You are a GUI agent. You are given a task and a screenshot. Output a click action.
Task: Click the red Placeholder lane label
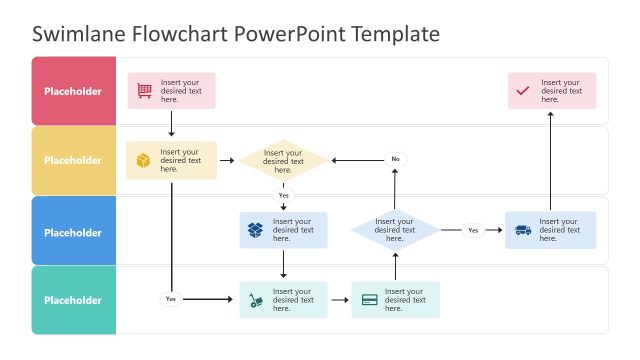(73, 91)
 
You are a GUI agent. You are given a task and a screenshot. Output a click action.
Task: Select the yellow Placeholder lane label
(73, 160)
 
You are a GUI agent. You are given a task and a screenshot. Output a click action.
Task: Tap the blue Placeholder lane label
(73, 232)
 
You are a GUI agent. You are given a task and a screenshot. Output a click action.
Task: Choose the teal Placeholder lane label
(73, 300)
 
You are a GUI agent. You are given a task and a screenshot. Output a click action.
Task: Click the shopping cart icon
(145, 91)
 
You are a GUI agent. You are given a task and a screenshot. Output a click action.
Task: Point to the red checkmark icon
(523, 91)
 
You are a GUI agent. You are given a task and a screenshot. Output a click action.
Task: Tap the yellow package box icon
(144, 160)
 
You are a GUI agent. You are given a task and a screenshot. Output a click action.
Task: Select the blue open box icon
(256, 231)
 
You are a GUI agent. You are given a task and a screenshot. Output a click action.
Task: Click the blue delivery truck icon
(523, 231)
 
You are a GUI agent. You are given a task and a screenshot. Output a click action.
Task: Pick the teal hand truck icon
(257, 300)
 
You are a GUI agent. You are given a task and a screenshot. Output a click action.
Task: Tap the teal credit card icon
(370, 300)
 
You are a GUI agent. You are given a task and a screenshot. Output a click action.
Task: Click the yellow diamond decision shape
(283, 160)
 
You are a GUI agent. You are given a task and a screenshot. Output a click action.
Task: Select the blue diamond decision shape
(395, 230)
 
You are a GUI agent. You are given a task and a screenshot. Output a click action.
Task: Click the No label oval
(395, 159)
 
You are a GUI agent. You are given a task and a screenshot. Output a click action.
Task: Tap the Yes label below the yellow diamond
(284, 195)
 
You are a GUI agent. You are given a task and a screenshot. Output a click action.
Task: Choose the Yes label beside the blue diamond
(473, 230)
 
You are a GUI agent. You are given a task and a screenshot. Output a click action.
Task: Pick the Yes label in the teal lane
(170, 299)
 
